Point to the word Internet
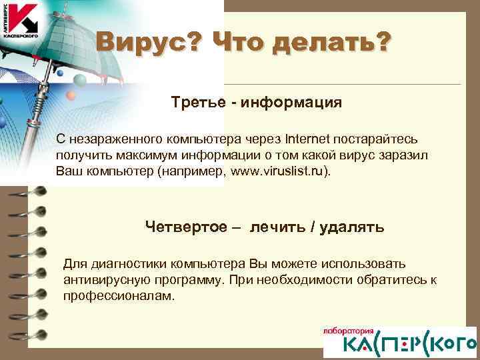pyautogui.click(x=309, y=140)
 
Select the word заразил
pyautogui.click(x=411, y=155)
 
